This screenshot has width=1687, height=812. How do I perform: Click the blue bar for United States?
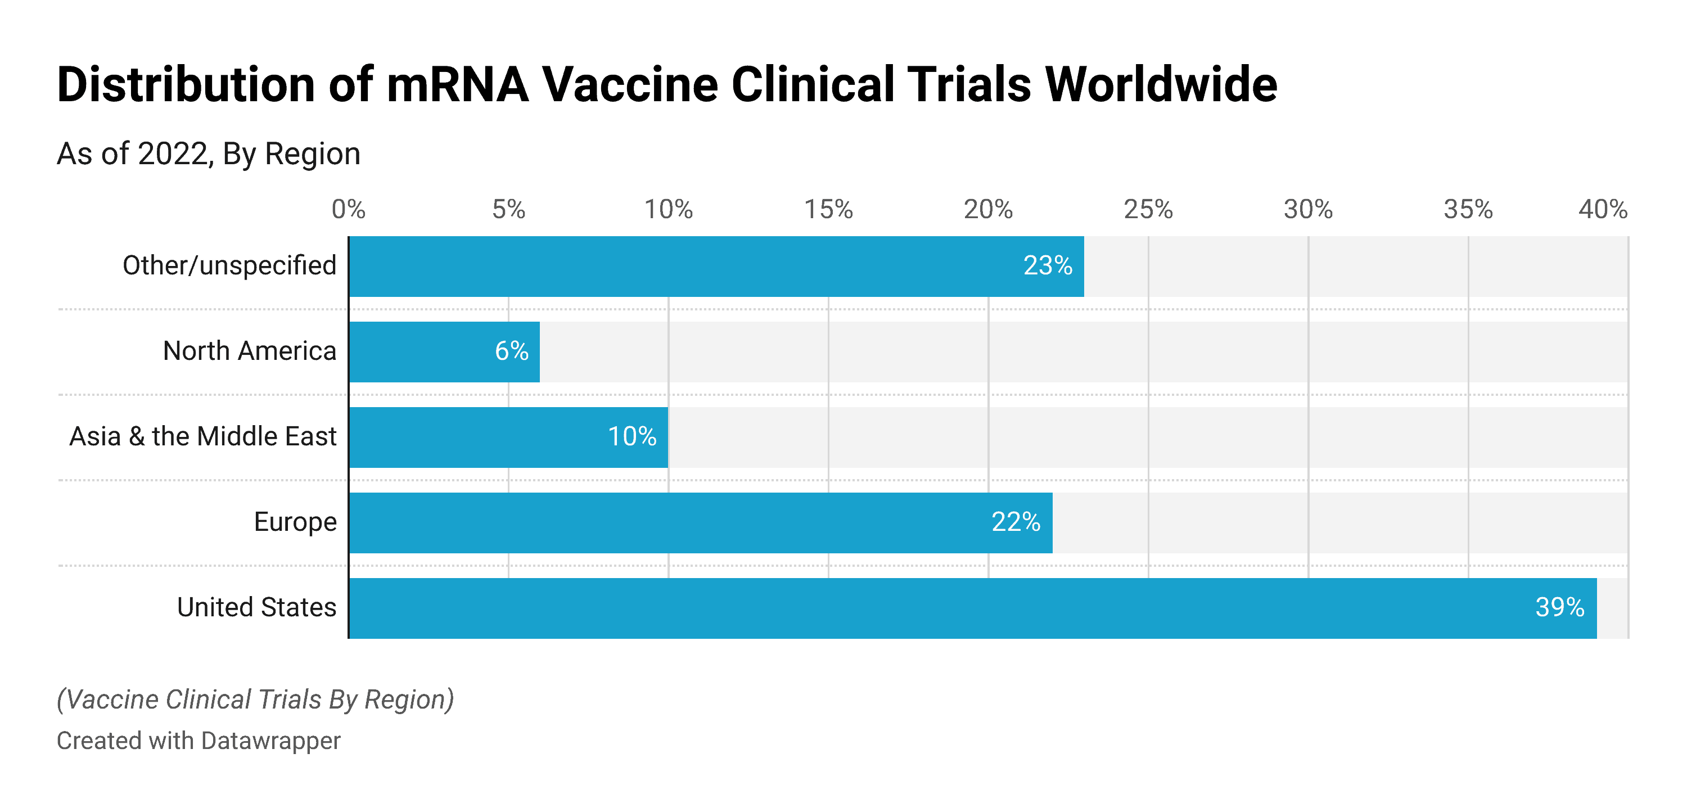(972, 608)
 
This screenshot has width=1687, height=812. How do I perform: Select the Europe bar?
(701, 522)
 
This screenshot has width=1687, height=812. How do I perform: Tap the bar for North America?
(444, 351)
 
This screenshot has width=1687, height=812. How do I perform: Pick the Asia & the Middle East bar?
(508, 437)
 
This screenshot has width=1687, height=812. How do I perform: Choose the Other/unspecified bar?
(716, 266)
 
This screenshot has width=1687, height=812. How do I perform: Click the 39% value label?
(1559, 608)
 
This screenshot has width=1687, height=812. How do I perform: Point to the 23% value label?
(1047, 266)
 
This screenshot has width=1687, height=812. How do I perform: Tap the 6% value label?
(512, 351)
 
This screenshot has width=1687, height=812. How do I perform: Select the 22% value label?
(1015, 522)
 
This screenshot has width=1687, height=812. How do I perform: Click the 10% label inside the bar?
(632, 437)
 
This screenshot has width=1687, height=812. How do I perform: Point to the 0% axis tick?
(349, 210)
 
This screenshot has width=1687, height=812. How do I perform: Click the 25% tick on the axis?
(1148, 210)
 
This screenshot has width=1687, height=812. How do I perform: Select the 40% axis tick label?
(1602, 210)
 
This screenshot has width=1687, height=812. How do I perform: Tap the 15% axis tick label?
(828, 210)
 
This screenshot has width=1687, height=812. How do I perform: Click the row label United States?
(257, 608)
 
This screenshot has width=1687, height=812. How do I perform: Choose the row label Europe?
(295, 522)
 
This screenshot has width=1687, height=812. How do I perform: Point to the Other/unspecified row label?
(229, 266)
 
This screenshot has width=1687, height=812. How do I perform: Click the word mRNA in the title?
(457, 85)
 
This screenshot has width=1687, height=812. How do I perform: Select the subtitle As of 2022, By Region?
(208, 155)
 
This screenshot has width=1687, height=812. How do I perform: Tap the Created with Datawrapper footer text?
(199, 741)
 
